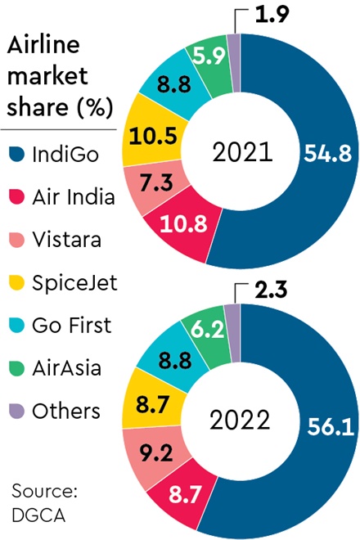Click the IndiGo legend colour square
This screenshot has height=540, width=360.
coord(15,152)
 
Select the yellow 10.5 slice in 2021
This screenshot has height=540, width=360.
coord(150,137)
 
